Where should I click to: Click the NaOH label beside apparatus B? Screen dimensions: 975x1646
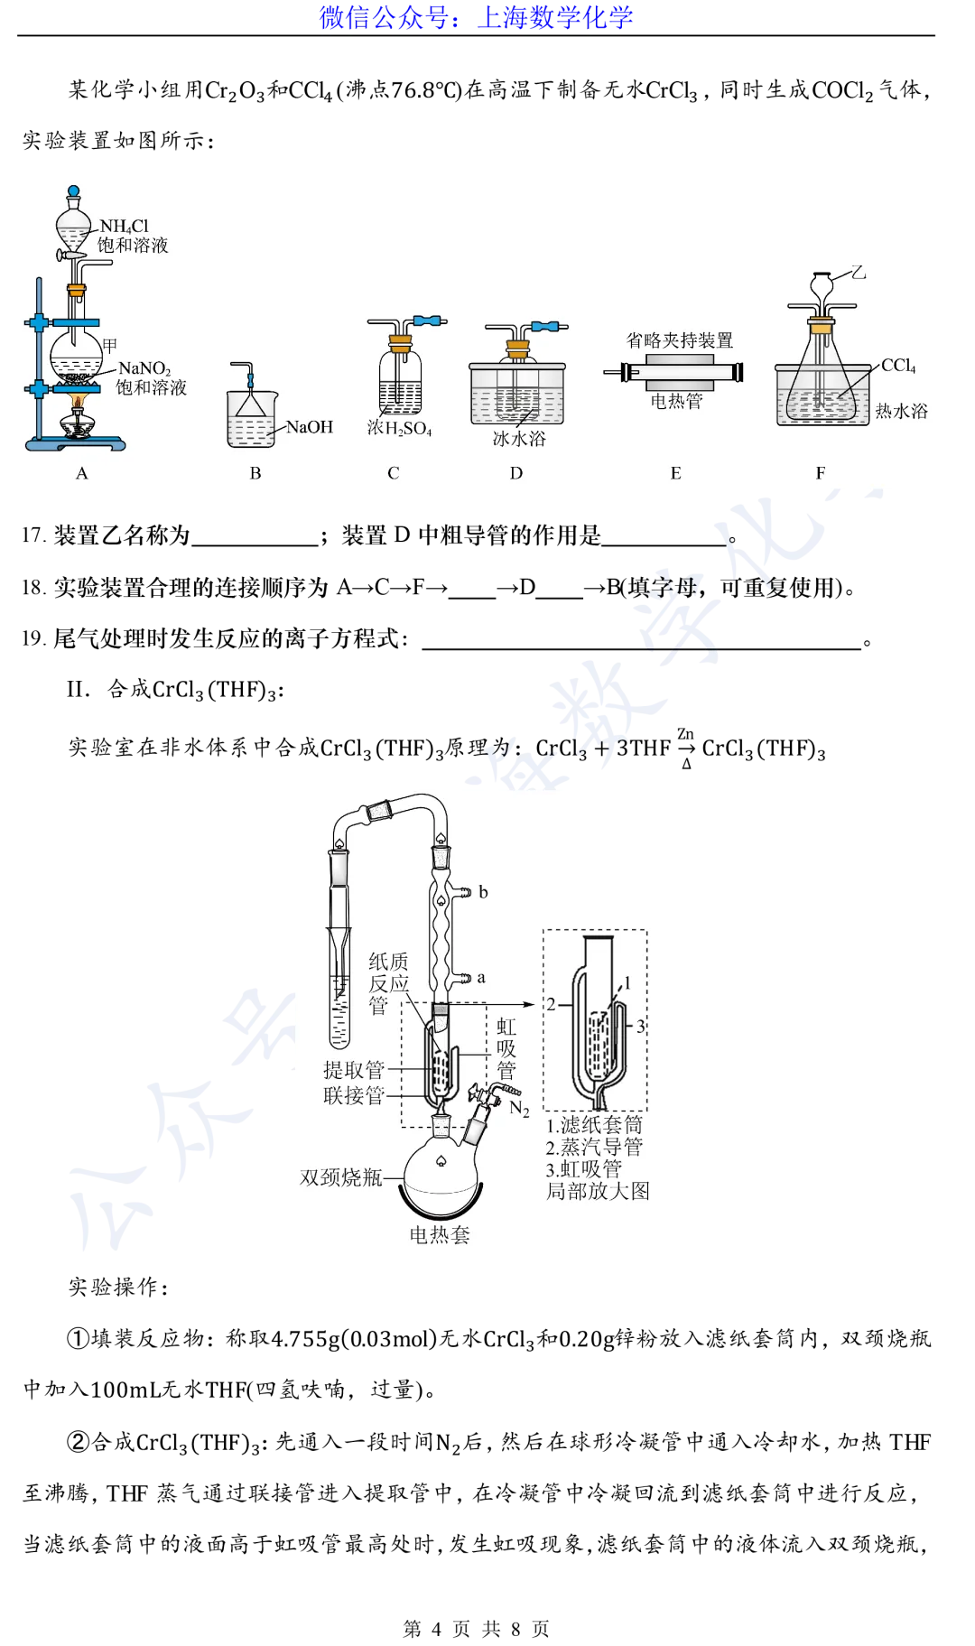click(310, 427)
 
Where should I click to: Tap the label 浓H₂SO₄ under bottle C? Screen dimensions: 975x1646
click(399, 429)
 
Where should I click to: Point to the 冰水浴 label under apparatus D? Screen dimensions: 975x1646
click(519, 439)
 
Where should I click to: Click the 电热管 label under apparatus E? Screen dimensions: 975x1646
click(676, 401)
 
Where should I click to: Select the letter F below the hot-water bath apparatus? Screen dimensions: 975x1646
click(821, 473)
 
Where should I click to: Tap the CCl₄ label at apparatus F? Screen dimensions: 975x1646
click(898, 366)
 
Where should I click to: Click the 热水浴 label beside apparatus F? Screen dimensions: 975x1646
click(901, 412)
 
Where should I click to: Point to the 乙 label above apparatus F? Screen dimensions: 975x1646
click(858, 272)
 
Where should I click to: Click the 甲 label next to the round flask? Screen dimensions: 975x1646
click(110, 345)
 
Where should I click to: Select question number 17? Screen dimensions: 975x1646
click(33, 535)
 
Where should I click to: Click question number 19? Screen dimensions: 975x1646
click(33, 638)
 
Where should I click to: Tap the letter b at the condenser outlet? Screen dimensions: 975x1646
click(483, 892)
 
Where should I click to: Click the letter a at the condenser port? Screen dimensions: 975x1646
click(481, 978)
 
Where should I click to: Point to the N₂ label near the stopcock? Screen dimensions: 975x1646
click(519, 1108)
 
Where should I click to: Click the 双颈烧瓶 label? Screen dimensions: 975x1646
click(341, 1177)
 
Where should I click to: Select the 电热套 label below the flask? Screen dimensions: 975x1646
click(440, 1235)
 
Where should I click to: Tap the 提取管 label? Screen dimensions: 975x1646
click(354, 1070)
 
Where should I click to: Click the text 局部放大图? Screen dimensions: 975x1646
click(598, 1191)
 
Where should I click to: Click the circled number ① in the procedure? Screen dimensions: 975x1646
click(79, 1338)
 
